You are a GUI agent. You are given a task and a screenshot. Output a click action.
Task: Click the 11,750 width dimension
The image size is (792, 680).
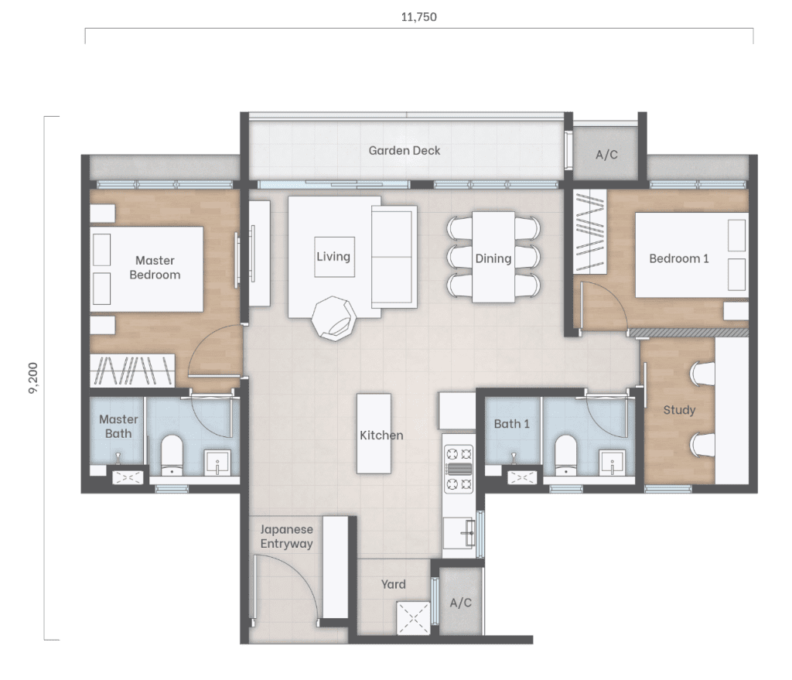point(418,17)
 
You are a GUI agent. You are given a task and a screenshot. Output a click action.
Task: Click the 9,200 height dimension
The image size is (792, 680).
point(33,378)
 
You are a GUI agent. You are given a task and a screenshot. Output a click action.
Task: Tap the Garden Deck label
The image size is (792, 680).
point(404,151)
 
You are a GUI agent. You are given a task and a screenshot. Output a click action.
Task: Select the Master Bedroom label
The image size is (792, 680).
point(155,267)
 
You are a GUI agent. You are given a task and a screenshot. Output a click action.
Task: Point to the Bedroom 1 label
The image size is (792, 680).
point(679,258)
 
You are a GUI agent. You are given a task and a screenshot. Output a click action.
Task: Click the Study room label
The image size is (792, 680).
point(679,410)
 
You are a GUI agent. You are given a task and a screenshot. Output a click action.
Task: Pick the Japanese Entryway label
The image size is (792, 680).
point(286,537)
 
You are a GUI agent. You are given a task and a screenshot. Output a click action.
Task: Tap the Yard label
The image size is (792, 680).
point(393,585)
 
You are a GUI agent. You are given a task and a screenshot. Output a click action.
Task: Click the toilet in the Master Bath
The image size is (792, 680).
point(172,455)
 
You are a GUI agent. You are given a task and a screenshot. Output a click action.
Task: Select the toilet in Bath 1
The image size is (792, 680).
point(565,455)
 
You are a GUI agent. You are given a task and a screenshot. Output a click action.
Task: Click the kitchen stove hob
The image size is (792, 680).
point(459,469)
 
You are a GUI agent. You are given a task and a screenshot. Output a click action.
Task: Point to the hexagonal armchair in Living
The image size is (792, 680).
point(333,318)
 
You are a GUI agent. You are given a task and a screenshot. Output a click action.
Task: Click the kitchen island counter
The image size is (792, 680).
point(374,433)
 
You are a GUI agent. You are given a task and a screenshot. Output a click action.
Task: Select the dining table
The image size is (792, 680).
point(493,257)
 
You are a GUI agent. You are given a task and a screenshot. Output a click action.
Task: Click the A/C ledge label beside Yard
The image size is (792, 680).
point(461,603)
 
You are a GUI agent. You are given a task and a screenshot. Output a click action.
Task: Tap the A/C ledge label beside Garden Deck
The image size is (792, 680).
point(606,155)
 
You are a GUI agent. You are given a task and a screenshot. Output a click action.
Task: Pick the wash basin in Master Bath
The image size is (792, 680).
point(217,463)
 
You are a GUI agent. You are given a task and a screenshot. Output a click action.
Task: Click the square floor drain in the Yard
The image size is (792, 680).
point(413,618)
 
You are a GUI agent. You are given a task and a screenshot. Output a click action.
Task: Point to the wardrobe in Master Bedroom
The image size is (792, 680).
point(132,371)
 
